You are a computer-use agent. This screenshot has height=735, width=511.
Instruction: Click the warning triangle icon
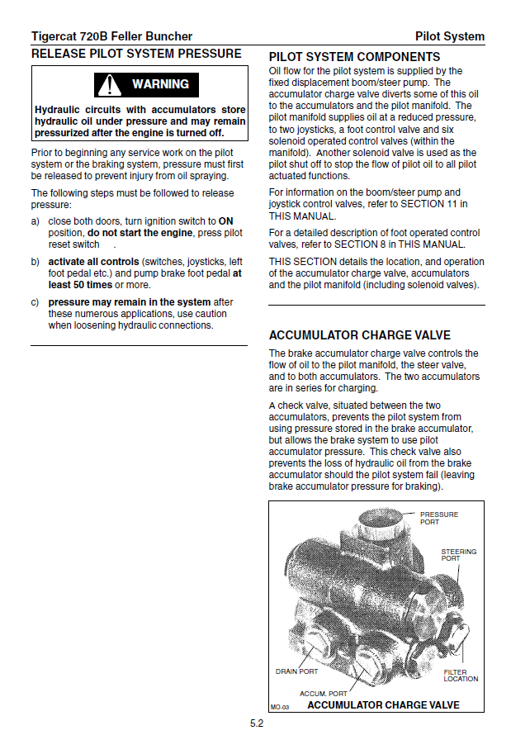point(108,84)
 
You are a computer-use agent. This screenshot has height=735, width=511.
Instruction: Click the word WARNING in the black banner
point(160,84)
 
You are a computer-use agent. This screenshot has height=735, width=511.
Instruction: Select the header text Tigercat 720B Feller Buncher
point(111,36)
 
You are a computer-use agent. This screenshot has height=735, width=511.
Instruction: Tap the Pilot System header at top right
point(449,36)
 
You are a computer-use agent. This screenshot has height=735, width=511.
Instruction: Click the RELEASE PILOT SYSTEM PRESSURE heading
point(136,54)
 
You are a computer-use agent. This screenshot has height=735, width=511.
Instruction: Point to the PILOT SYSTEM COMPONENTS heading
point(354,57)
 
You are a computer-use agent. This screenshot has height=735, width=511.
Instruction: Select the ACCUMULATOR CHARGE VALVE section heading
point(360,335)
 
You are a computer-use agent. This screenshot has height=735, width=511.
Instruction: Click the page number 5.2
point(257,723)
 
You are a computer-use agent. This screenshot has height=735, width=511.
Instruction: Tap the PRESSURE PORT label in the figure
point(438,518)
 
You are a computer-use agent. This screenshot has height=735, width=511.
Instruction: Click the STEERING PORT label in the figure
point(458,555)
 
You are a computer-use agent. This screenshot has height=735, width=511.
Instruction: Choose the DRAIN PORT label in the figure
point(296,671)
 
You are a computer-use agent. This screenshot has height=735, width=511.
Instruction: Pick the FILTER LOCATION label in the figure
point(460,676)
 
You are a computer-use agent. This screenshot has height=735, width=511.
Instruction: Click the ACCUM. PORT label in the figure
point(323,693)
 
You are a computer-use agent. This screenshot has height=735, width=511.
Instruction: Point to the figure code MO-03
point(280,707)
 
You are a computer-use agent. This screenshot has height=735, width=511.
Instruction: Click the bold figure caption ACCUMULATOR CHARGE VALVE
point(383,705)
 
